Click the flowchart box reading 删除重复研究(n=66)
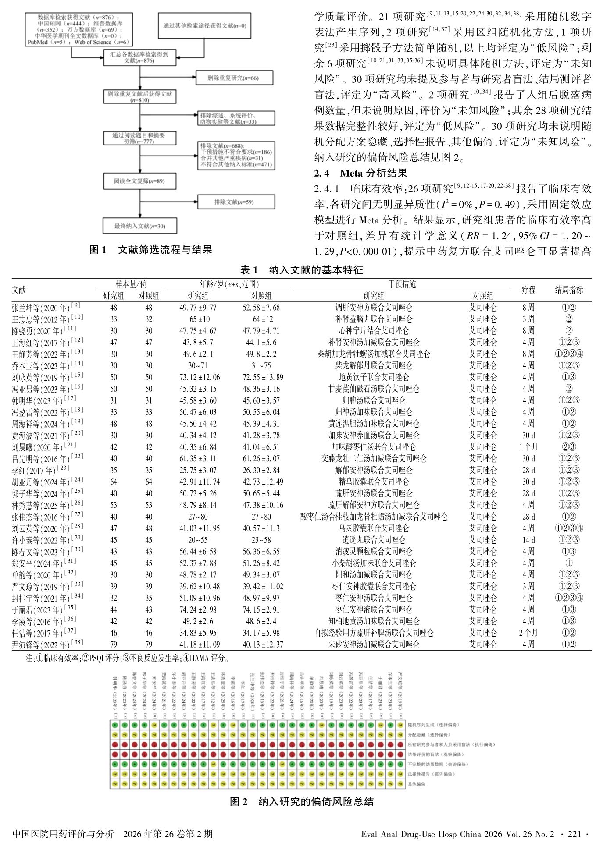point(234,78)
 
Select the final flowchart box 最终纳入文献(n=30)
point(140,226)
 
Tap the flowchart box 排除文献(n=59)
point(236,202)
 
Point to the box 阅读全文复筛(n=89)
point(140,181)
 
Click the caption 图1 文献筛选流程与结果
point(150,250)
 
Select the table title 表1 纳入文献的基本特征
point(302,270)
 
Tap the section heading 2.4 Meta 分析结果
point(360,173)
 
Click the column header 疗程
point(528,290)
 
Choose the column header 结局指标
point(569,290)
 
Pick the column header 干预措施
point(402,284)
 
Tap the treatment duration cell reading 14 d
point(528,540)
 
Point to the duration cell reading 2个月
point(528,633)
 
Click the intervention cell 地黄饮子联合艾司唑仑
point(374,377)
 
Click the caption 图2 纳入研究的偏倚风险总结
point(302,802)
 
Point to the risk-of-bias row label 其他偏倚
point(417,784)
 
